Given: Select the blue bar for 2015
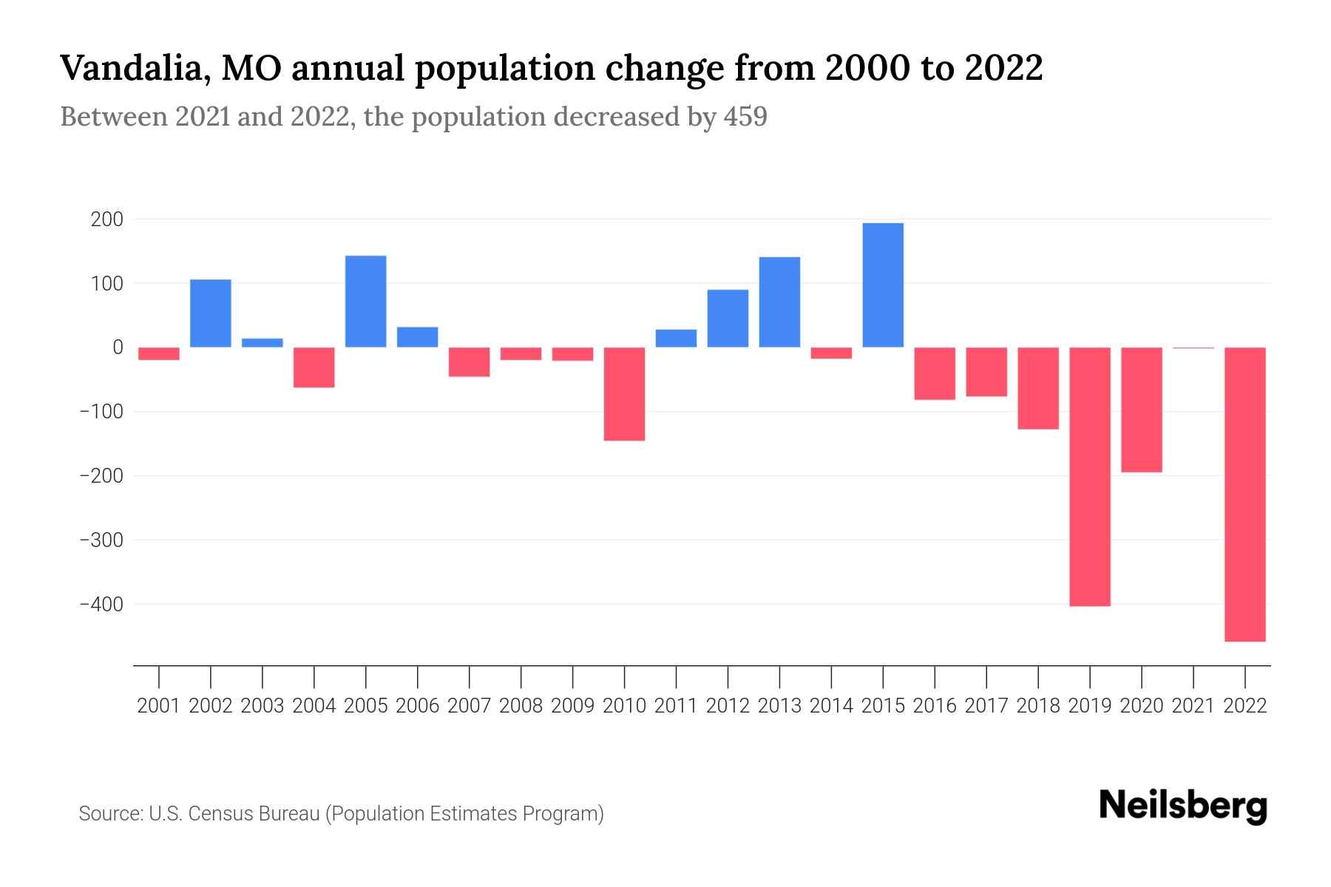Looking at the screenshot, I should click(x=883, y=285).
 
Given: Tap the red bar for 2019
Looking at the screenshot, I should click(x=1089, y=477).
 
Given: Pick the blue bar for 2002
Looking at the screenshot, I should click(x=211, y=313).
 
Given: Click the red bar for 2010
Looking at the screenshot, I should click(x=624, y=394).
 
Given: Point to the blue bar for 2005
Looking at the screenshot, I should click(x=366, y=302).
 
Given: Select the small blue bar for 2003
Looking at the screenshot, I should click(x=263, y=343).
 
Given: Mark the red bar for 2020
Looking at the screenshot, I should click(x=1141, y=409).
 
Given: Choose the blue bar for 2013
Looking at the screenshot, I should click(x=779, y=302).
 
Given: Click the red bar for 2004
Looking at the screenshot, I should click(x=314, y=367).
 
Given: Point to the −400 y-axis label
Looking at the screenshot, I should click(x=101, y=605).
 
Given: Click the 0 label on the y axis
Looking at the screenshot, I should click(x=118, y=347).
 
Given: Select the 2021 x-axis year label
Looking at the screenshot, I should click(x=1193, y=706).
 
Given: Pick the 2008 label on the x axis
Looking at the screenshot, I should click(x=521, y=706).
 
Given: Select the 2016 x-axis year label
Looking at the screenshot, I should click(x=935, y=706).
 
